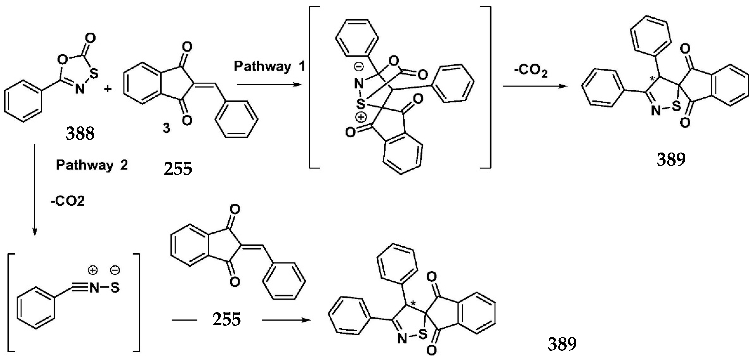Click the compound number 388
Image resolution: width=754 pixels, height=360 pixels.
point(80,134)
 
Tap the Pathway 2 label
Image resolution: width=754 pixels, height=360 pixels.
point(92,165)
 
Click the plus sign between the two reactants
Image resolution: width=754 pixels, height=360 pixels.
point(108,89)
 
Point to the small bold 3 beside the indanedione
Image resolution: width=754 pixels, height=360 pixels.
point(166,128)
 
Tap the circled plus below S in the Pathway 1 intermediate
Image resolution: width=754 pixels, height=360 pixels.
point(361,117)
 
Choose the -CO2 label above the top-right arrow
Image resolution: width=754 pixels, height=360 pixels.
point(531,72)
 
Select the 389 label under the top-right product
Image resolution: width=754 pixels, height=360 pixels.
point(671,160)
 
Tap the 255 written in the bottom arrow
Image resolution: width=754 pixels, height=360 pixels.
point(227,319)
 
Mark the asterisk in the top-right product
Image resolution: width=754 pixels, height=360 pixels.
point(652,78)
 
